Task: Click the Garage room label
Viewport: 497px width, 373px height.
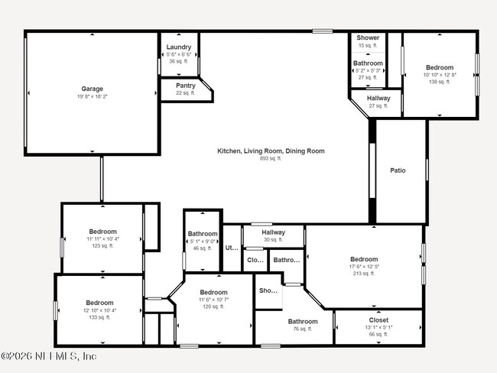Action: point(93,89)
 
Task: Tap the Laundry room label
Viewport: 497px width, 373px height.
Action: point(179,47)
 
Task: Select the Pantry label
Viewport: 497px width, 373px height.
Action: point(185,86)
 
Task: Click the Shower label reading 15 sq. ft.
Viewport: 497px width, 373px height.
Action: point(368,37)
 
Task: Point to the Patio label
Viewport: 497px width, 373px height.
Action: point(398,170)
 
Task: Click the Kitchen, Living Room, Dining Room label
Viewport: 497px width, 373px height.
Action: point(271,151)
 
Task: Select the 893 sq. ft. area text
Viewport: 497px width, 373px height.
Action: point(271,159)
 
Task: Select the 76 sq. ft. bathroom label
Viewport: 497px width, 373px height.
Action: point(303,322)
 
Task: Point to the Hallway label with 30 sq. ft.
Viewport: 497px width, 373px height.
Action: point(273,232)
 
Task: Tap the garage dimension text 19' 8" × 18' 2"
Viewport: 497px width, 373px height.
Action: point(93,96)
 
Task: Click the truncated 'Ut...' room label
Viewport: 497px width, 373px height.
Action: point(231,248)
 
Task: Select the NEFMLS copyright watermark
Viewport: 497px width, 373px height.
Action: point(49,356)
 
